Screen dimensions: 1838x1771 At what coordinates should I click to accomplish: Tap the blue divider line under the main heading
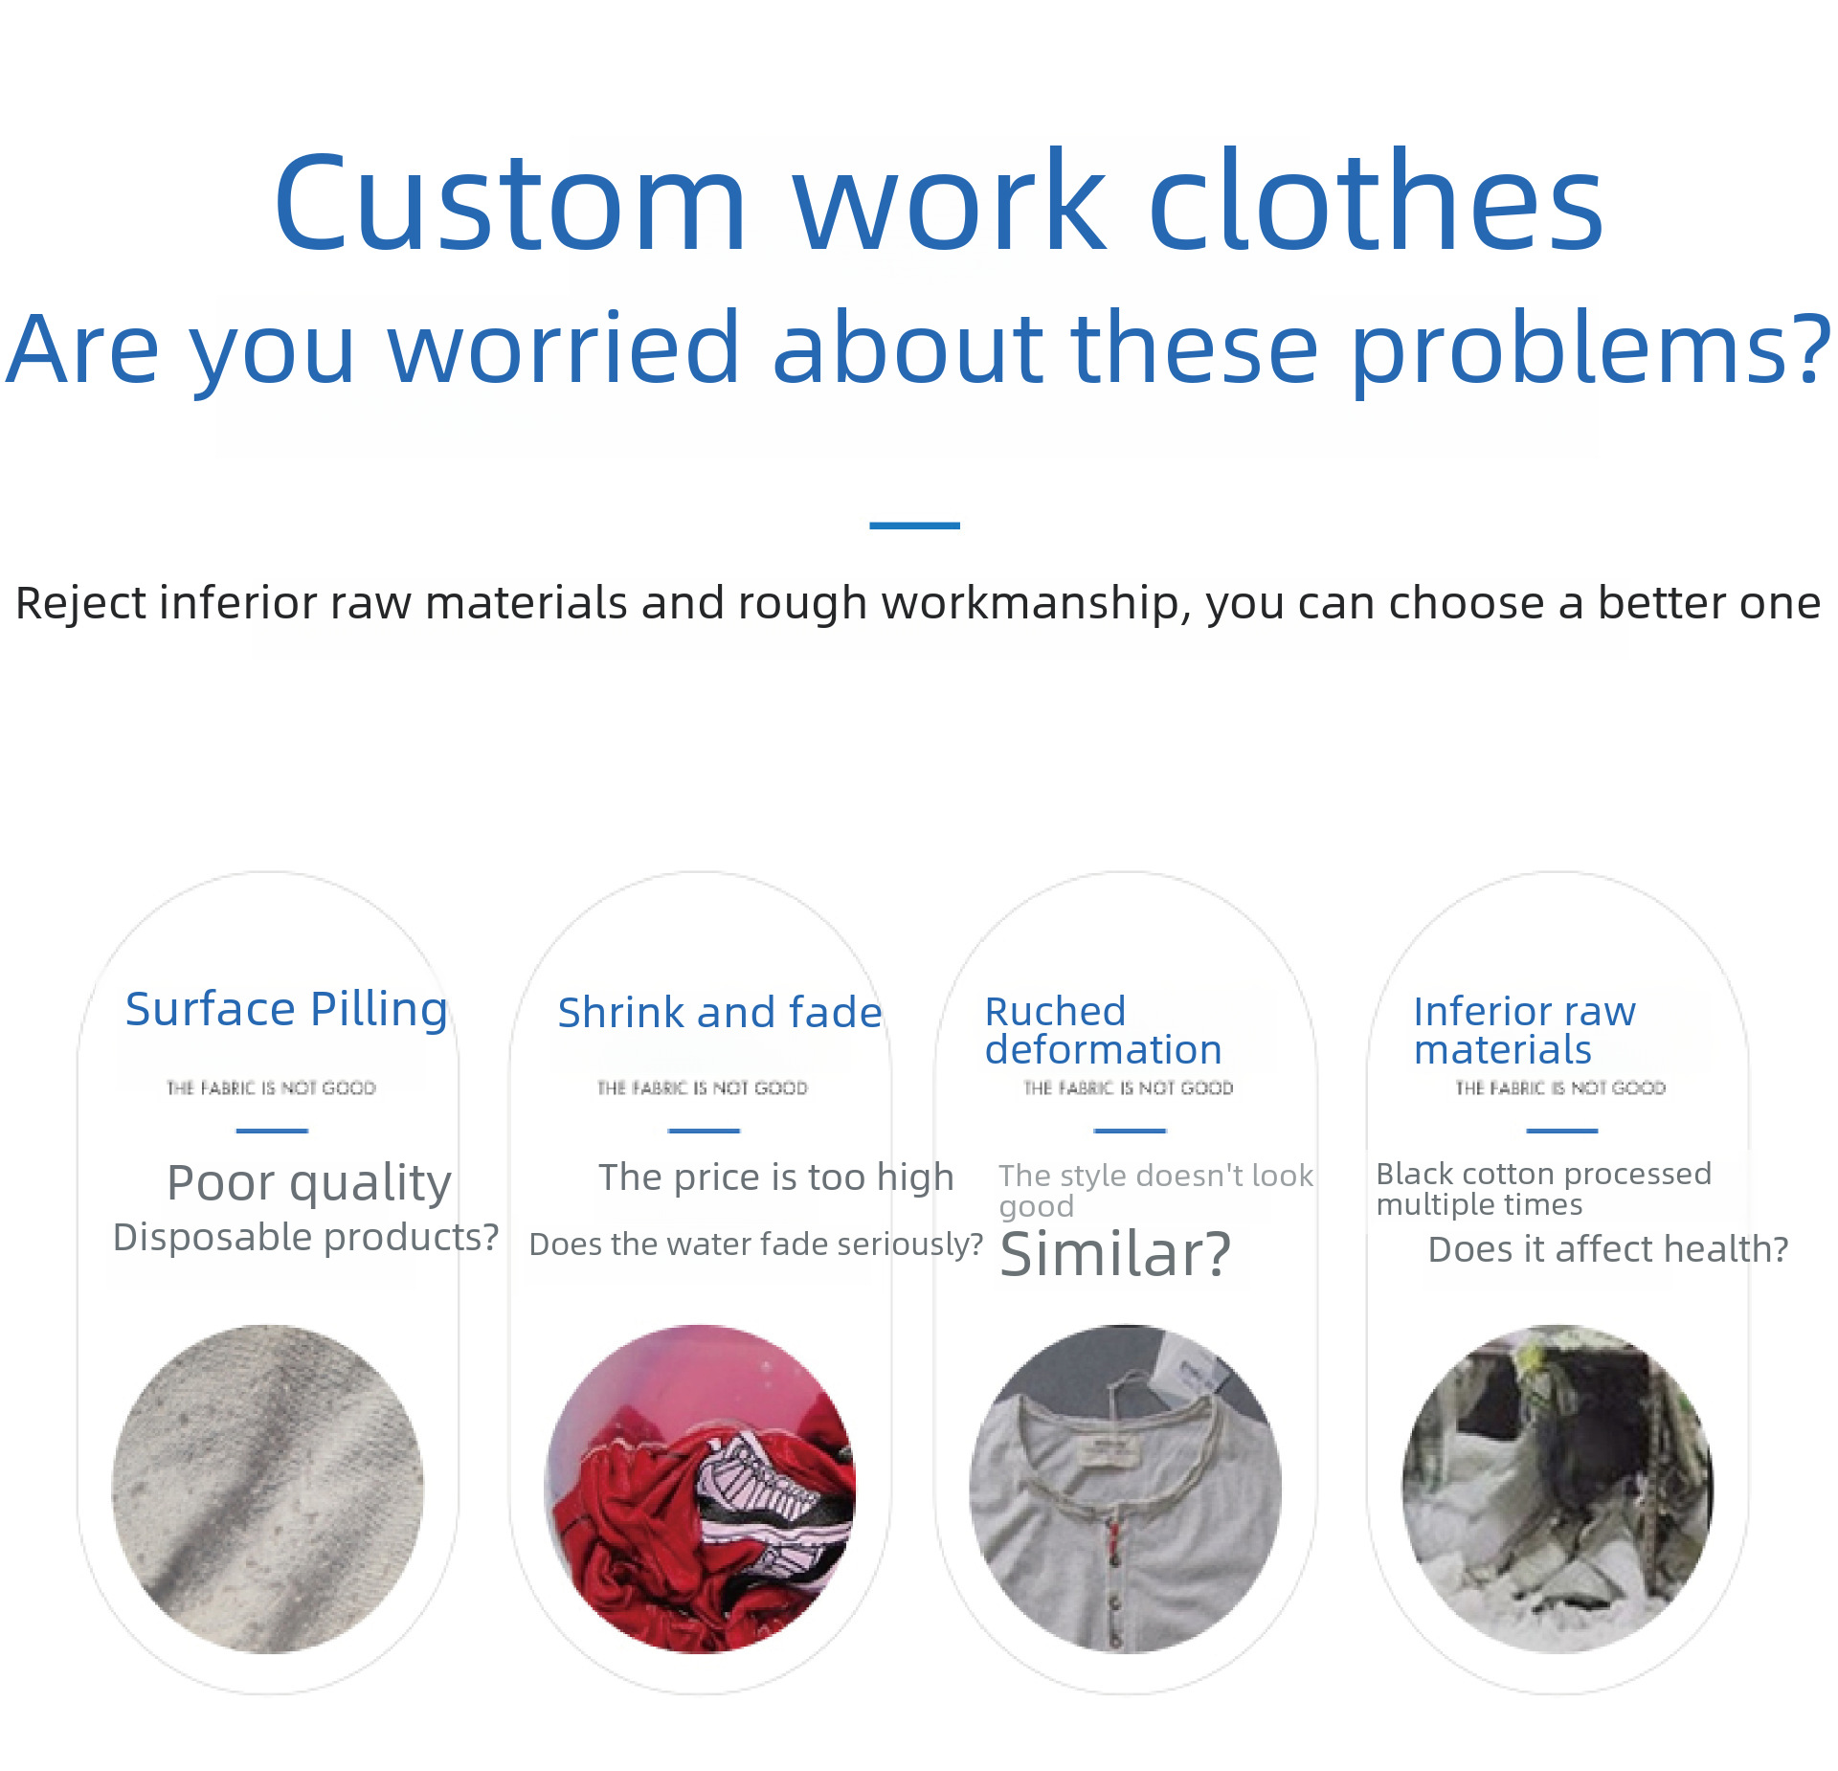[x=914, y=526]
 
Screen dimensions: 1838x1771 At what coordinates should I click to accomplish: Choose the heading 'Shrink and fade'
[x=719, y=1013]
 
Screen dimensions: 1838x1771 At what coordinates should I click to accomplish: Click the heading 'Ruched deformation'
[x=1103, y=1030]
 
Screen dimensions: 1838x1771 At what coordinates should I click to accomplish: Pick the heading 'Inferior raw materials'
[x=1524, y=1030]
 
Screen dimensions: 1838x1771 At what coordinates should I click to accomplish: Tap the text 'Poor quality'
[x=309, y=1183]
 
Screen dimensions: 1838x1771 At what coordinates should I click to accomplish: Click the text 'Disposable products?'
[x=305, y=1238]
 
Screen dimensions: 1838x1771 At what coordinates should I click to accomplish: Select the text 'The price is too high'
[x=776, y=1177]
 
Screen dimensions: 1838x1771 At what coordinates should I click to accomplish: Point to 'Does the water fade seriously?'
[x=756, y=1244]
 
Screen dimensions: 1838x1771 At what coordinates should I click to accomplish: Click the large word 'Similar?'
[x=1115, y=1254]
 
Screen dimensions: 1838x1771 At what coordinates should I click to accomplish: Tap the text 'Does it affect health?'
[x=1608, y=1249]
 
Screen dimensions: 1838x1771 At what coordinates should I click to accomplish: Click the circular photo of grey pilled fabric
[x=268, y=1489]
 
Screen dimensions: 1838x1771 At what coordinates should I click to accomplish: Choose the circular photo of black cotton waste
[x=1558, y=1489]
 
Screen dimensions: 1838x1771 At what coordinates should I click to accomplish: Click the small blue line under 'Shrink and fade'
[x=704, y=1131]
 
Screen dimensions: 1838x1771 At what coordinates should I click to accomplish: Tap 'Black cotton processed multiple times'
[x=1543, y=1189]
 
